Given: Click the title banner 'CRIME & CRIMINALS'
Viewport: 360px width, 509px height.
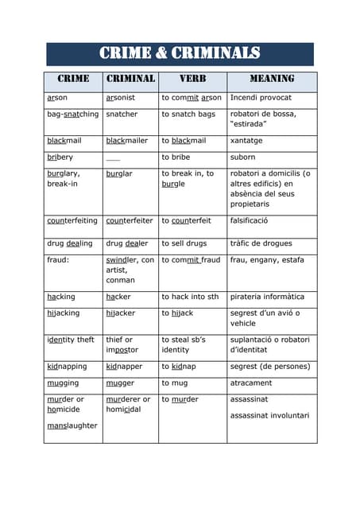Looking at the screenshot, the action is click(x=180, y=53).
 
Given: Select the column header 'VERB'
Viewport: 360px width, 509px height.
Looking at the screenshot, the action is click(x=192, y=80).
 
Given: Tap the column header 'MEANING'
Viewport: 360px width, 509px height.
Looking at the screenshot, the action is click(x=272, y=80).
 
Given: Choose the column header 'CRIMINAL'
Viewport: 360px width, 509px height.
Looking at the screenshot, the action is click(x=130, y=80).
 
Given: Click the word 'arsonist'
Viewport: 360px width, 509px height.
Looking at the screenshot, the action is click(x=121, y=98).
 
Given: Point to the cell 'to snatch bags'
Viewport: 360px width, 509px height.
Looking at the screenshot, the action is click(x=188, y=115).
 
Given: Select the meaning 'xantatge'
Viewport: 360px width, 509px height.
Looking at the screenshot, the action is click(x=246, y=141).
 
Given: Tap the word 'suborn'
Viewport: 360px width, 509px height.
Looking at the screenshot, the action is click(x=243, y=157).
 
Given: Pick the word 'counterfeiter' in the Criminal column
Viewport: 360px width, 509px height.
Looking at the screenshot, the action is click(x=130, y=221).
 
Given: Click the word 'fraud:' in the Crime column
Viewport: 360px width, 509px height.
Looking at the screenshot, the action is click(x=60, y=259).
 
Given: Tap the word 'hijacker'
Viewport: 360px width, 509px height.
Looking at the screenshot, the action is click(x=122, y=313).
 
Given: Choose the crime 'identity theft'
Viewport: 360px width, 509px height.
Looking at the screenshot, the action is click(x=71, y=340).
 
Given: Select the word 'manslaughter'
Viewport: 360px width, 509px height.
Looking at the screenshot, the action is click(x=72, y=425).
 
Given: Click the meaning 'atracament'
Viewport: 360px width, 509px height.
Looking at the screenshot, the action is click(x=251, y=383).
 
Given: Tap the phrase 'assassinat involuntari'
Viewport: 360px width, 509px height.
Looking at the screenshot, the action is click(x=269, y=415).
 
